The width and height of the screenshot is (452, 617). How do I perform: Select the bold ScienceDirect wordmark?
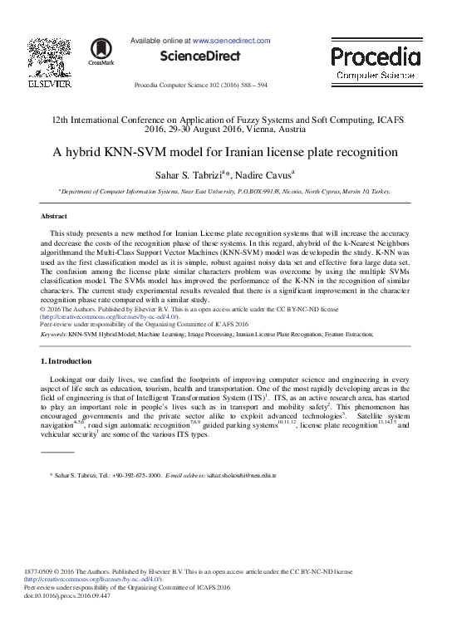202,56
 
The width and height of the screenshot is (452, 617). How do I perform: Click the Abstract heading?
54,216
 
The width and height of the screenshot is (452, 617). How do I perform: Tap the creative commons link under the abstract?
108,316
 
